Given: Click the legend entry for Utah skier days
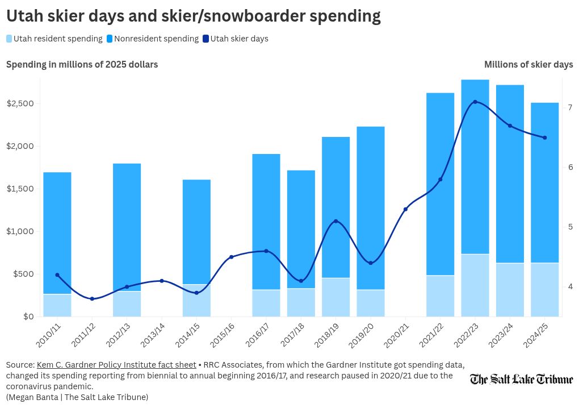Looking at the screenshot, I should pos(239,39).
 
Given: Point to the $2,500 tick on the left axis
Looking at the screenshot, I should pos(20,103).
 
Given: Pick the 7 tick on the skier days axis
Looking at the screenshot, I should pos(569,107).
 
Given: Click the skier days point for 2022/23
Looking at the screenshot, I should pos(475,102).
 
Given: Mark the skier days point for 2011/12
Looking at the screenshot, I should pos(92,299).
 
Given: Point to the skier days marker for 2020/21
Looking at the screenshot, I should pos(405,209).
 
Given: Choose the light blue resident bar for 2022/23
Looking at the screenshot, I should pos(475,285).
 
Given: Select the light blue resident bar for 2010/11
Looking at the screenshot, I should pos(57,305).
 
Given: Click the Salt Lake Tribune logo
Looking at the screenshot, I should pos(521,379).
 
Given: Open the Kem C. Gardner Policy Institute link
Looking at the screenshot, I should pos(116,365).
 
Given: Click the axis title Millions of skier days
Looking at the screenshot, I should pos(528,65).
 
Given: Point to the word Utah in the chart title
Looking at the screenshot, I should pos(25,15).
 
